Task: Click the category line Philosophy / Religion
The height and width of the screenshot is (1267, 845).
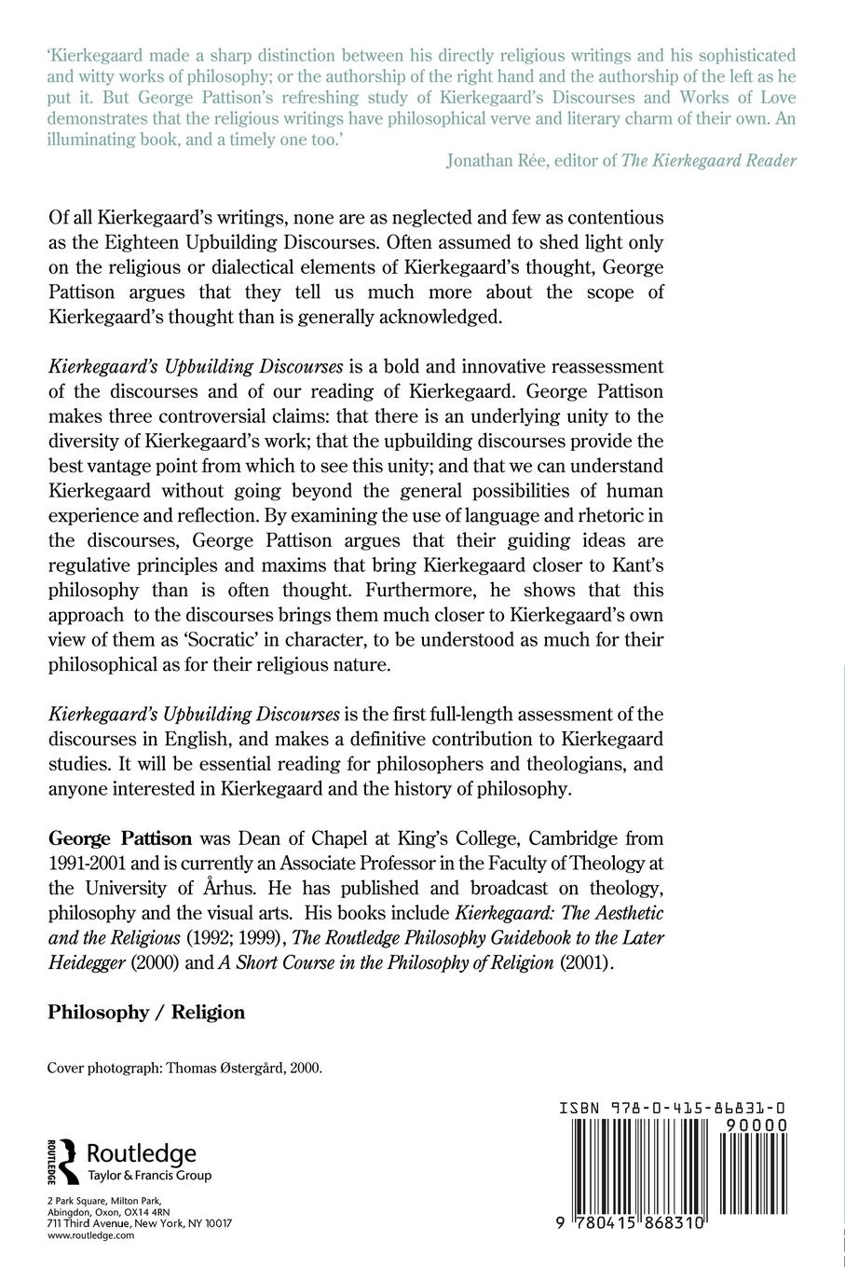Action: click(x=146, y=1012)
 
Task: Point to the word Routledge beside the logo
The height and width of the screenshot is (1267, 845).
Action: click(x=141, y=1153)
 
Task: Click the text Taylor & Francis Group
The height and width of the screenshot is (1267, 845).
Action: click(x=148, y=1176)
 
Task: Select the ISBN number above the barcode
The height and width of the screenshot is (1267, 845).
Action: click(x=672, y=1109)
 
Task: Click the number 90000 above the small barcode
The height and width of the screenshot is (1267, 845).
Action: click(x=750, y=1125)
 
